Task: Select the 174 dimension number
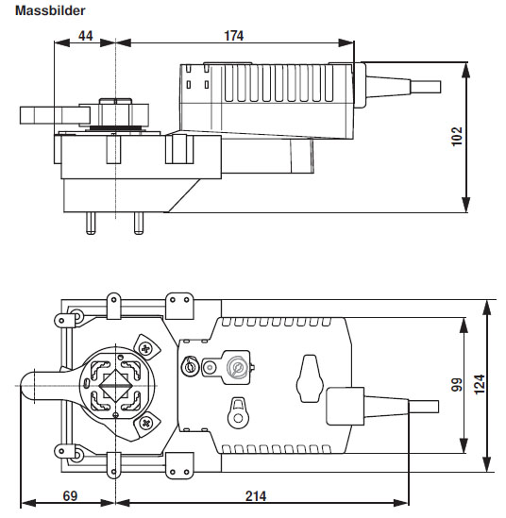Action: pyautogui.click(x=233, y=36)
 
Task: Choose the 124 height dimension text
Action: pyautogui.click(x=479, y=384)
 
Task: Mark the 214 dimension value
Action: pyautogui.click(x=255, y=496)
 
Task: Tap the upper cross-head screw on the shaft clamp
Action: pyautogui.click(x=144, y=347)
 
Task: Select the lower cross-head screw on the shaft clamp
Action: pyautogui.click(x=144, y=424)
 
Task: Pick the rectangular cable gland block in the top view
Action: pyautogui.click(x=344, y=407)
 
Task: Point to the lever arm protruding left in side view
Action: pyautogui.click(x=42, y=114)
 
